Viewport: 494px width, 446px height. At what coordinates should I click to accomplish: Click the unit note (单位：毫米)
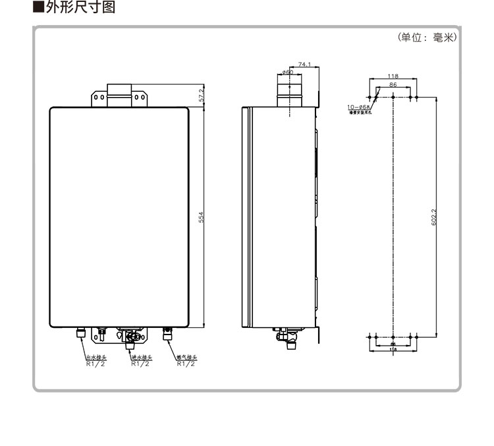coord(426,38)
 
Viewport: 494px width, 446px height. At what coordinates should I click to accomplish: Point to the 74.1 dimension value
coord(304,64)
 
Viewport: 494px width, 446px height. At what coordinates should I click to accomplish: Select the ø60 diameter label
coord(287,72)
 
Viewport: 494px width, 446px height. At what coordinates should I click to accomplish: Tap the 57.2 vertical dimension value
coord(202,95)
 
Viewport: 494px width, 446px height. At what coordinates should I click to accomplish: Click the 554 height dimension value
coord(202,216)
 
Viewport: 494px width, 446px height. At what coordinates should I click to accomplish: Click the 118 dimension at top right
coord(393,77)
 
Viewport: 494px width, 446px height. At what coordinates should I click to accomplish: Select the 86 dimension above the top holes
coord(393,85)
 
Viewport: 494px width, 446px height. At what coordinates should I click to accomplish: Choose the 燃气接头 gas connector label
coord(186,358)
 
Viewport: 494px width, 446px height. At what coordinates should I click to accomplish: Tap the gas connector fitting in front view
coord(167,334)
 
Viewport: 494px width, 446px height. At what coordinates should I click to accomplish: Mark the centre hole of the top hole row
coord(393,97)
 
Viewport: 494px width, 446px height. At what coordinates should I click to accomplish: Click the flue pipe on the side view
coord(287,91)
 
